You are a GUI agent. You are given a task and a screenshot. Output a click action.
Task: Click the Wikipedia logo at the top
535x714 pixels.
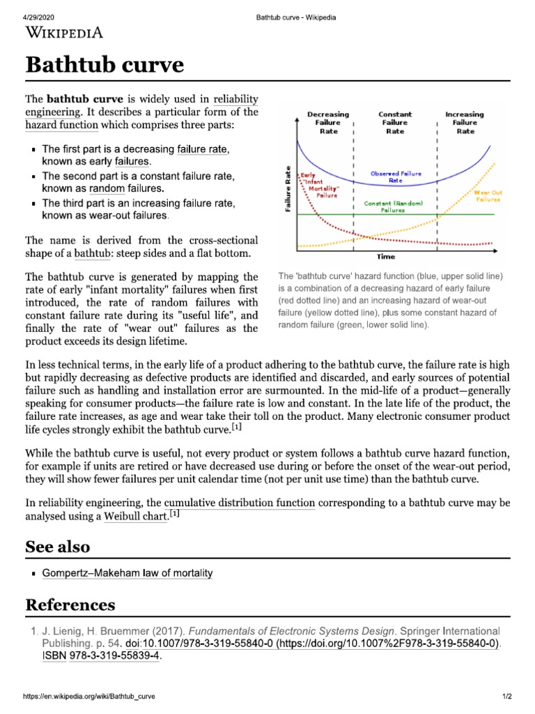tap(64, 32)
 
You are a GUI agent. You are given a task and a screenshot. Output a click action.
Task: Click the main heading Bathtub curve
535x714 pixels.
tap(104, 66)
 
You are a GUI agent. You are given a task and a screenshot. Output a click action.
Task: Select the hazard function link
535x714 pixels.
tap(61, 126)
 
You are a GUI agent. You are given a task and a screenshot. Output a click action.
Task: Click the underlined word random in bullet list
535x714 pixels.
tap(106, 188)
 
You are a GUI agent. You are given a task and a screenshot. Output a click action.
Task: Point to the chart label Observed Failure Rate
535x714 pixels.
tap(395, 177)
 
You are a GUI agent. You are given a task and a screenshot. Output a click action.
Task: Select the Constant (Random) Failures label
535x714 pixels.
tap(393, 206)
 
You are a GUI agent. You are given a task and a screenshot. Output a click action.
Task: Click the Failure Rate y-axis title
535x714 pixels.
tap(287, 189)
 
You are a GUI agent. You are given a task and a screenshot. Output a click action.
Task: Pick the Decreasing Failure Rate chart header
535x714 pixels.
tap(328, 122)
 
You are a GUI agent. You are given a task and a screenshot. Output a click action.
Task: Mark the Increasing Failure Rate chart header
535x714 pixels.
tap(465, 122)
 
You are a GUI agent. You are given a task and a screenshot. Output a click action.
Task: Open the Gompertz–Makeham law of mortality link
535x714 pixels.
tap(127, 573)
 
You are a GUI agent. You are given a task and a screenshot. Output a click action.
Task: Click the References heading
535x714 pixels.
tap(70, 604)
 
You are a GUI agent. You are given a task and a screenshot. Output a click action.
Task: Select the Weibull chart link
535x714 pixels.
tap(136, 516)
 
